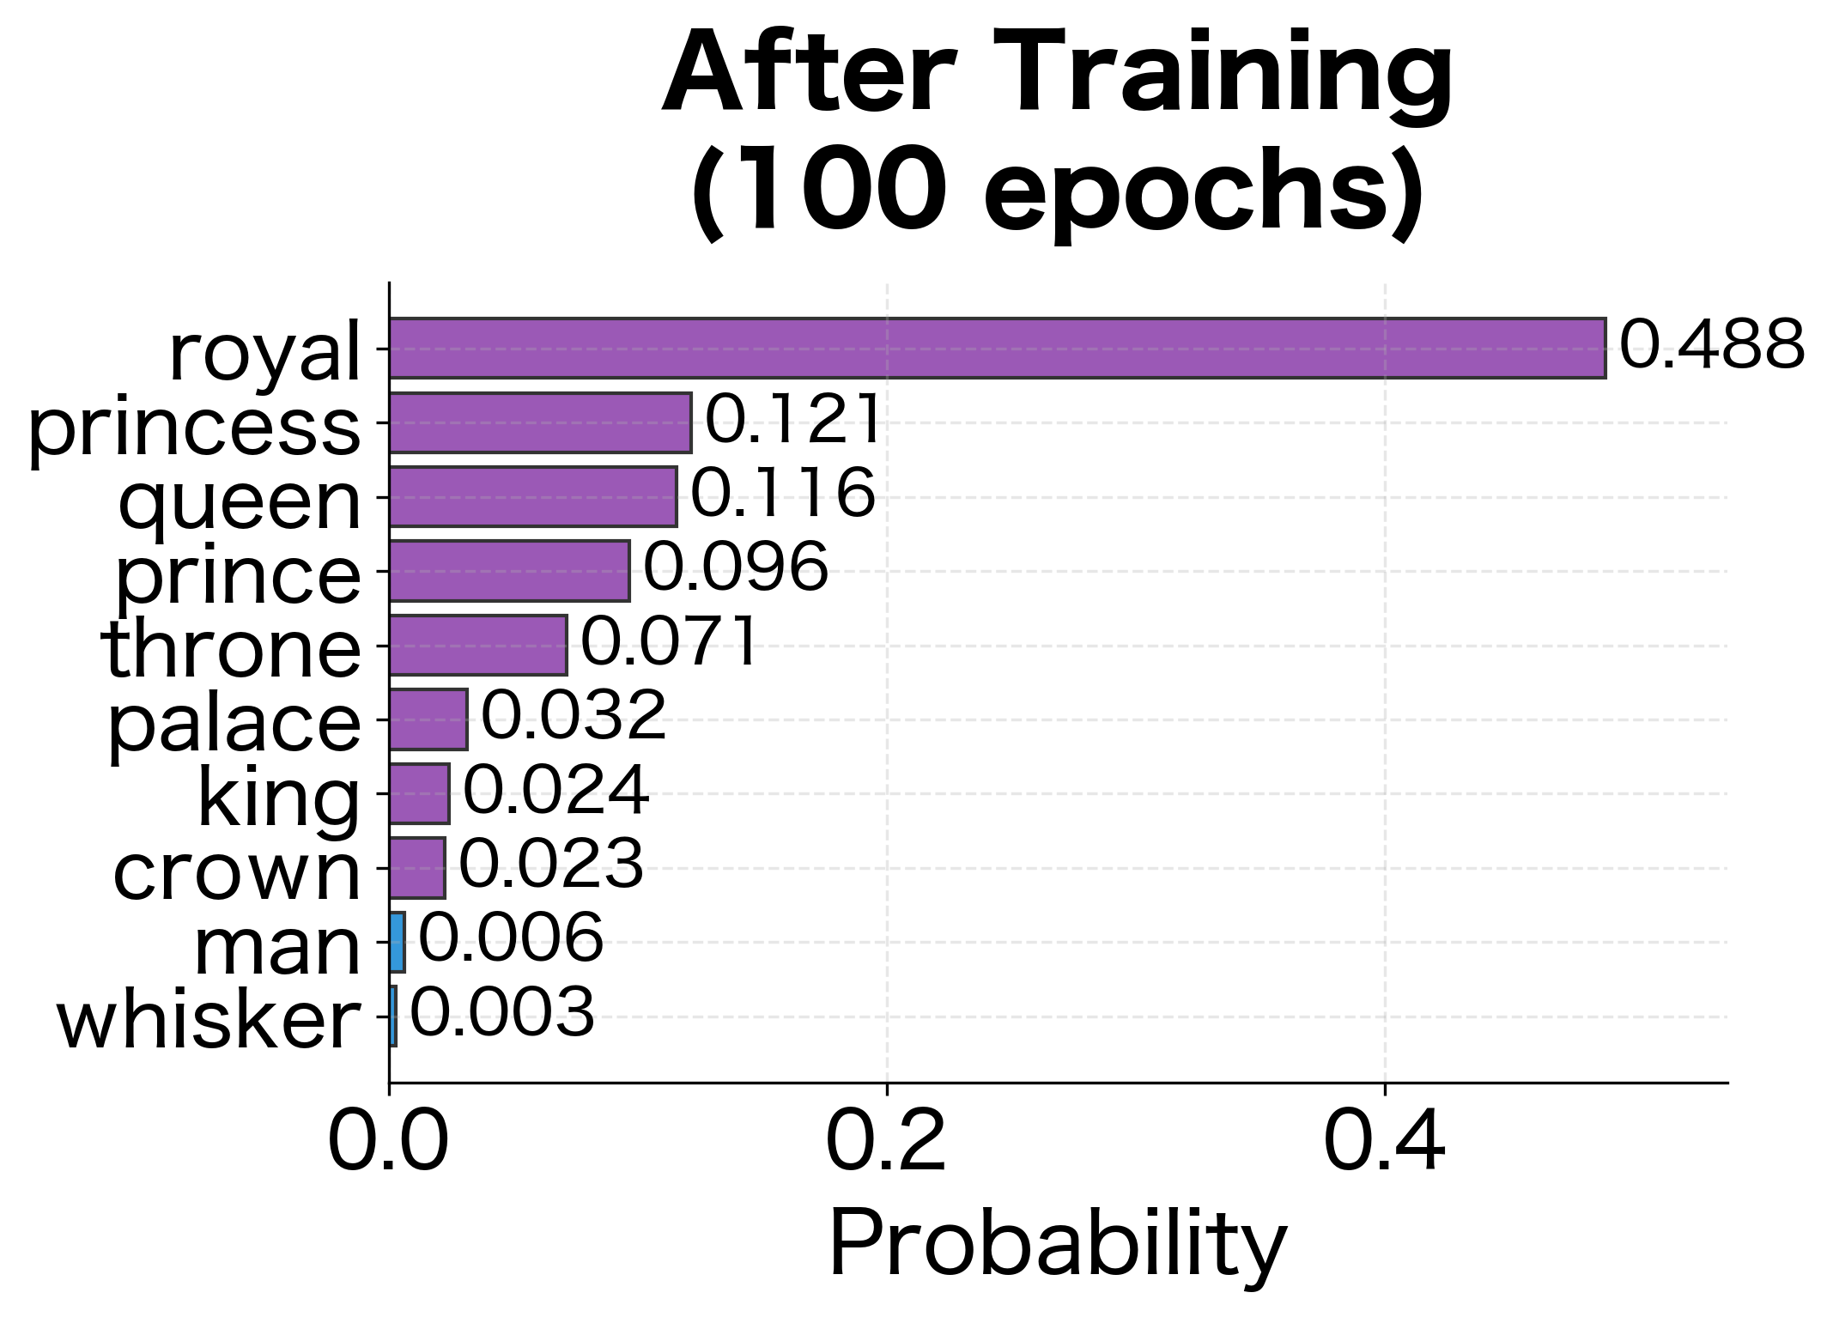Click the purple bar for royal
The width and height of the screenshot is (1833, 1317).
click(996, 348)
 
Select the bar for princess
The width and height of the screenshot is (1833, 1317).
click(540, 422)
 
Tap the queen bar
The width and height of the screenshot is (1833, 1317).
click(532, 496)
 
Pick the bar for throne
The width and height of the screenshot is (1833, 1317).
click(477, 645)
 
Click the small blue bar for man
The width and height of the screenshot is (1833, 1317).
click(397, 942)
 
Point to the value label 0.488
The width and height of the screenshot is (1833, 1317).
click(1711, 346)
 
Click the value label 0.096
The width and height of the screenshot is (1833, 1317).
click(736, 567)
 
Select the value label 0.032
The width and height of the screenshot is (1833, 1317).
click(573, 716)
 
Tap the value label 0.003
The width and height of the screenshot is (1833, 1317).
click(501, 1013)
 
